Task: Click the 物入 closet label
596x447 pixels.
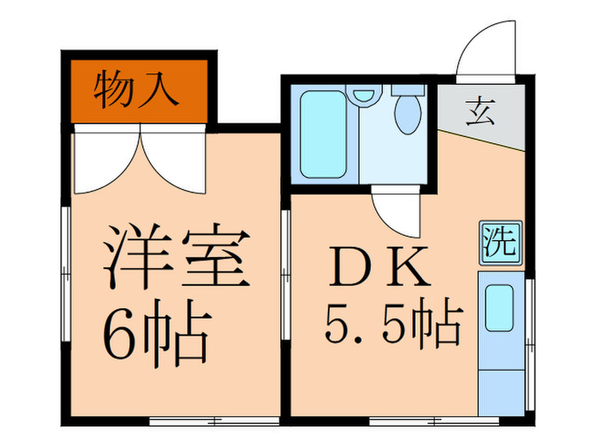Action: coord(136,90)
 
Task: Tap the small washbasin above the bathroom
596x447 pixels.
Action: coord(364,95)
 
